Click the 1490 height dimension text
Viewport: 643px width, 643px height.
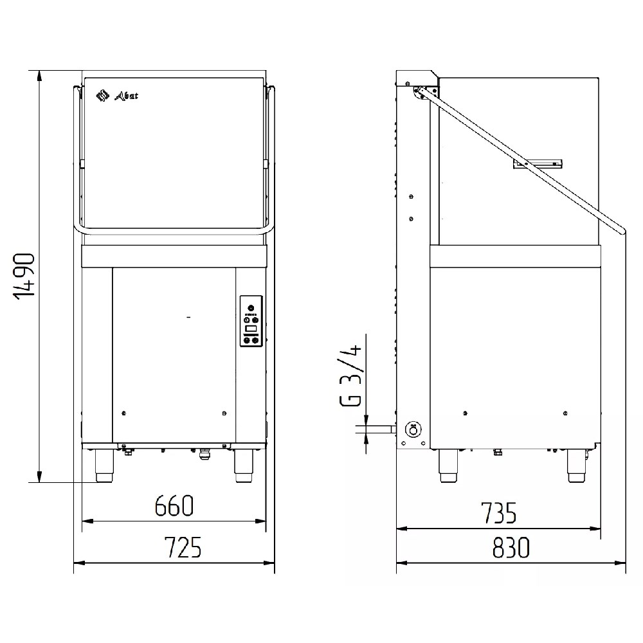click(x=24, y=276)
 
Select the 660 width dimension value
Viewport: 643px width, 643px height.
click(x=174, y=505)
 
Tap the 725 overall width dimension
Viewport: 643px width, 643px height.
click(x=183, y=547)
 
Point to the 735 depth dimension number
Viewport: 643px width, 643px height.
click(x=499, y=513)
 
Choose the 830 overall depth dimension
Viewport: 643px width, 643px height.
click(x=511, y=547)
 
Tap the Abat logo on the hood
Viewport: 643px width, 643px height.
click(x=117, y=96)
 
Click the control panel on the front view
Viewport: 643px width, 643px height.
click(x=251, y=321)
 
